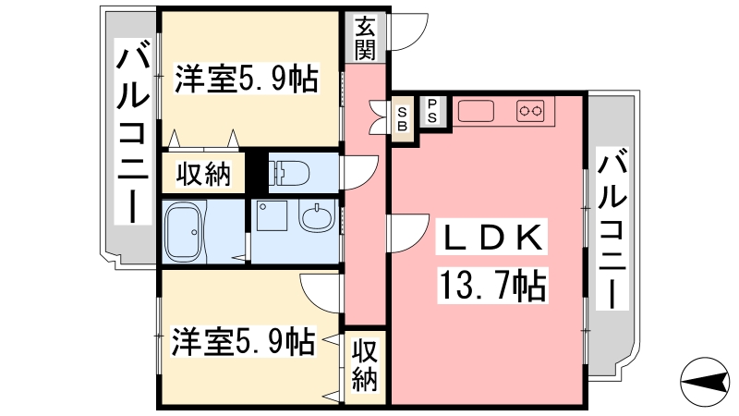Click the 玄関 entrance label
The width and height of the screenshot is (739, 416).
[365, 38]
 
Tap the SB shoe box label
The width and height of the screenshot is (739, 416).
[402, 119]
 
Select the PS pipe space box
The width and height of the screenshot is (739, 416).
[432, 111]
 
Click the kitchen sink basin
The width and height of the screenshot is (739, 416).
[476, 111]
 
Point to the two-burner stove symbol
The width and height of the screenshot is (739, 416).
[530, 111]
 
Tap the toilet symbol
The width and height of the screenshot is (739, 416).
[288, 173]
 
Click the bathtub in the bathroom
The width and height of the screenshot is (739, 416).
[184, 230]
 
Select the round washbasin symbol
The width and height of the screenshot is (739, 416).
[317, 217]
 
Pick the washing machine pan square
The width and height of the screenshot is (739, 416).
[272, 215]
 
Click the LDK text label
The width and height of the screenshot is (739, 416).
[492, 237]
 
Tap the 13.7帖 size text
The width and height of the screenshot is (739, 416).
[492, 285]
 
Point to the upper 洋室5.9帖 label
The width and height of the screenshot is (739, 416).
[246, 78]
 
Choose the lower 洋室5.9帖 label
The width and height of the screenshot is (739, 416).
[242, 340]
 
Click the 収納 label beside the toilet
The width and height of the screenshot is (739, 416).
[203, 173]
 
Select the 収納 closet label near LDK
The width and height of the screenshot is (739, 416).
[365, 365]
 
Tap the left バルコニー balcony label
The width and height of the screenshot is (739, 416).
[133, 133]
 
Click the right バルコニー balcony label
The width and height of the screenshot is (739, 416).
[612, 228]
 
